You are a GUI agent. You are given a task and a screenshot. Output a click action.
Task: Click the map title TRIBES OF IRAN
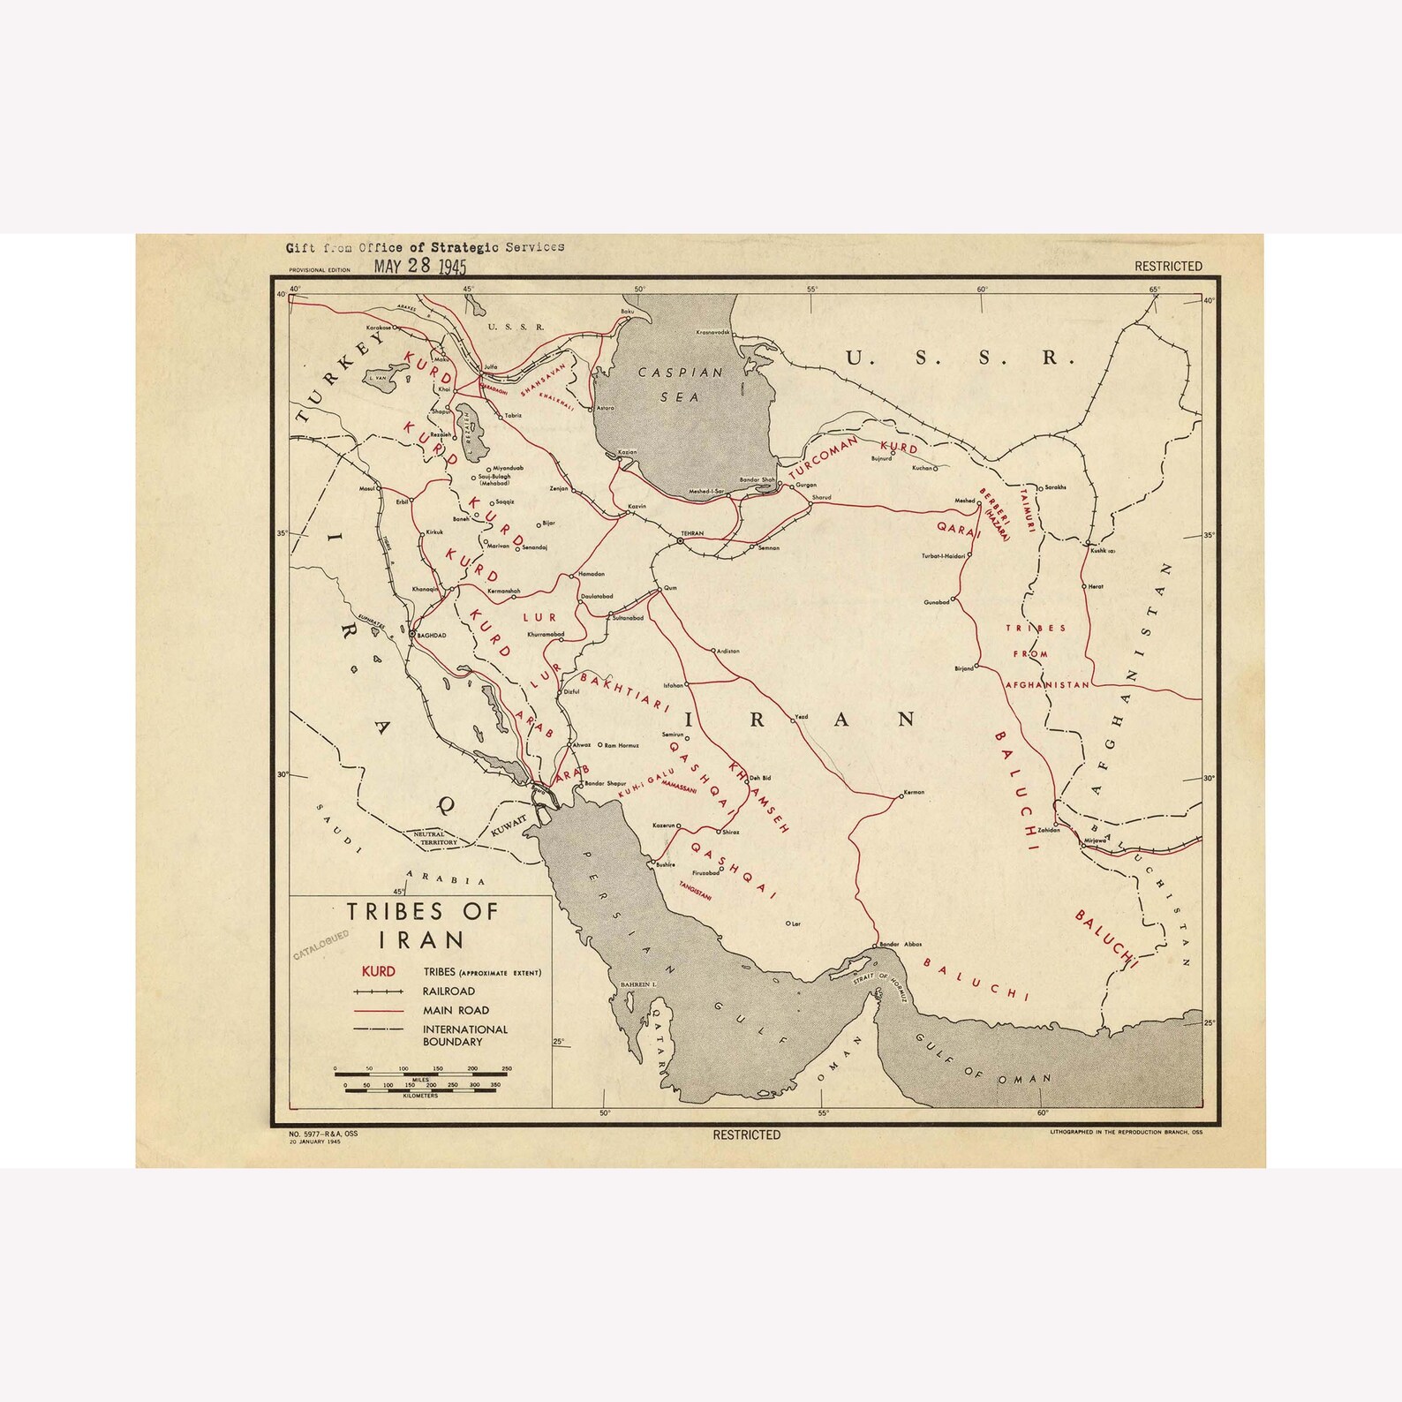pyautogui.click(x=421, y=923)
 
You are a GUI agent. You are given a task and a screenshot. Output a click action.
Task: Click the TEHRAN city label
pyautogui.click(x=691, y=533)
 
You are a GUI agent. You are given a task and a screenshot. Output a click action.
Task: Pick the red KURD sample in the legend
pyautogui.click(x=379, y=972)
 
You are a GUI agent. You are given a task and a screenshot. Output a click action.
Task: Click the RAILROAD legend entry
pyautogui.click(x=448, y=991)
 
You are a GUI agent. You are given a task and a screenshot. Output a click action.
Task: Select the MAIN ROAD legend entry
pyautogui.click(x=455, y=1010)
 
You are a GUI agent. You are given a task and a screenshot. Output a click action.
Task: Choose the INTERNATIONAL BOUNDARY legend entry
pyautogui.click(x=464, y=1035)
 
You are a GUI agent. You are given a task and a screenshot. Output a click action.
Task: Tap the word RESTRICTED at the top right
pyautogui.click(x=1167, y=266)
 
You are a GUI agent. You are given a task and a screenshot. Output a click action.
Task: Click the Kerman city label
pyautogui.click(x=914, y=792)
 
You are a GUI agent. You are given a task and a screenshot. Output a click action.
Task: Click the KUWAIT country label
pyautogui.click(x=509, y=825)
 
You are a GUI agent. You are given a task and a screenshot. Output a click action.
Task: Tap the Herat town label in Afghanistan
pyautogui.click(x=1096, y=586)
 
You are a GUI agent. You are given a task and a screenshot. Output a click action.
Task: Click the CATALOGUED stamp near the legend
pyautogui.click(x=321, y=944)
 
